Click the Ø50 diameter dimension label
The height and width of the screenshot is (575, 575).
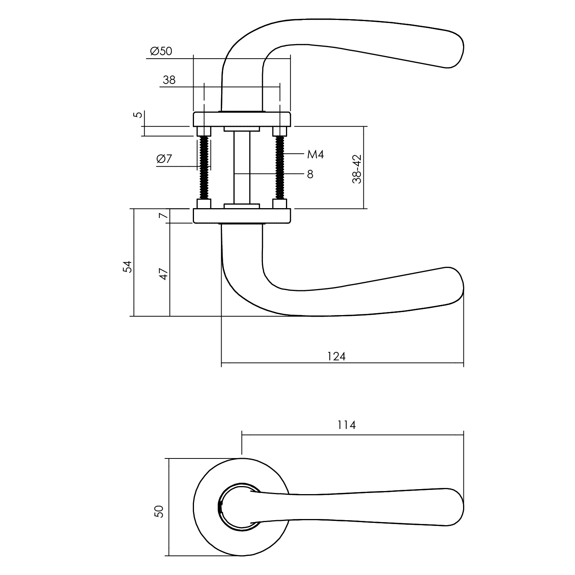[161, 51]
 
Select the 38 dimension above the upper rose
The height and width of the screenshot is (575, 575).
[169, 80]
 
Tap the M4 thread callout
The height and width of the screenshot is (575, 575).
[316, 154]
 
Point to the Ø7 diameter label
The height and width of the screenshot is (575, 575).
[164, 159]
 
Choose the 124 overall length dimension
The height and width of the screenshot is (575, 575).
[337, 356]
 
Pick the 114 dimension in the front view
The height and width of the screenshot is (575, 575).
[347, 425]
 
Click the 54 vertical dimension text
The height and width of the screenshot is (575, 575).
[127, 266]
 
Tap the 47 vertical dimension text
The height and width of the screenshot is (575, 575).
[164, 274]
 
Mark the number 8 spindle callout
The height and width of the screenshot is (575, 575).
[310, 174]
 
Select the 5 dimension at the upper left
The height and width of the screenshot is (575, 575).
[140, 114]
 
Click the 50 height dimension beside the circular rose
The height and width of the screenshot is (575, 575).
[159, 511]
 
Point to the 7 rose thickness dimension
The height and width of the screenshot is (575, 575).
[164, 216]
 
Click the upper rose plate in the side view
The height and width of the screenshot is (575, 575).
[242, 119]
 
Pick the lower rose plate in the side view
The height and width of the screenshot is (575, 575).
[242, 216]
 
